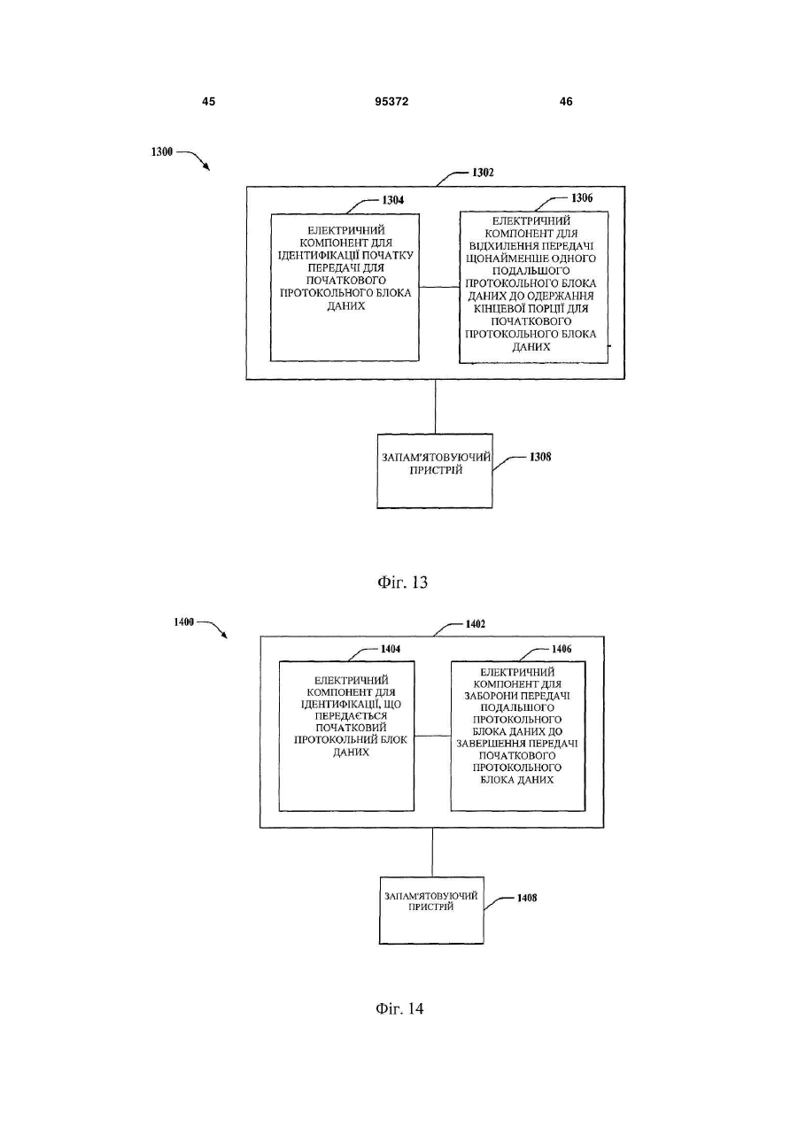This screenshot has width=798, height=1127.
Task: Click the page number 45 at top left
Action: [x=208, y=102]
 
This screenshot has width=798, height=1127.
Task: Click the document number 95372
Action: [x=391, y=102]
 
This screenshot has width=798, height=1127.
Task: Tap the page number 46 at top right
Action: [x=566, y=102]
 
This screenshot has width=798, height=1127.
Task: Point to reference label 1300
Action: [x=162, y=152]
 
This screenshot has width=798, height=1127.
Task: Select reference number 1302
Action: [x=483, y=173]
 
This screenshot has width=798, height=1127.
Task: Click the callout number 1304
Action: [x=392, y=200]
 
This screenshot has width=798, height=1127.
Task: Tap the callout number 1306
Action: [x=582, y=197]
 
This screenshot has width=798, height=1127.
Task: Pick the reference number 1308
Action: [x=540, y=457]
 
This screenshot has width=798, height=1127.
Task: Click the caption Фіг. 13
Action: [x=402, y=583]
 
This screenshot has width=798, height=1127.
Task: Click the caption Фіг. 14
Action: [x=399, y=1008]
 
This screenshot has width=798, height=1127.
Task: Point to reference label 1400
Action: [x=183, y=621]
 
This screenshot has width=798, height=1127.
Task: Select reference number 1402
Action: [x=476, y=624]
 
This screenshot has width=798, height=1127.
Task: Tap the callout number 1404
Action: [x=391, y=649]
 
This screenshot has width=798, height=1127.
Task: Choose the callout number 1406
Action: [x=562, y=649]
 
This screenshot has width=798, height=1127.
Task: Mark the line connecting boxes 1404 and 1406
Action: [x=432, y=736]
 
